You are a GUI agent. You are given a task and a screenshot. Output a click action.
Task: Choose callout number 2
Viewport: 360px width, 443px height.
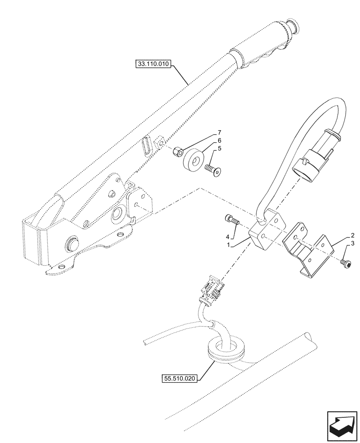352,235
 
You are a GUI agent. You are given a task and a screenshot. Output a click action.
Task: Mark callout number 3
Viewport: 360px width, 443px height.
352,244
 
